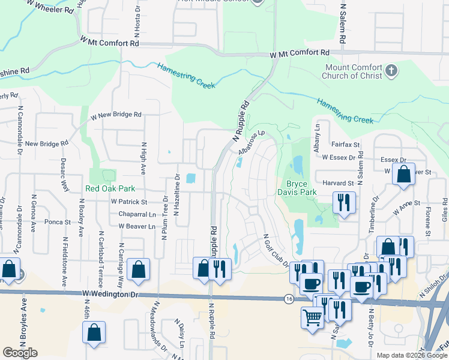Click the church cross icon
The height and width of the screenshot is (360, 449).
point(391,71)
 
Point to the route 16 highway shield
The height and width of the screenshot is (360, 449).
point(289,298)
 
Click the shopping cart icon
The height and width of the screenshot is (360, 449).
point(313,317)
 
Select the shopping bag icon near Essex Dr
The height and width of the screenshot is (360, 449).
point(404,175)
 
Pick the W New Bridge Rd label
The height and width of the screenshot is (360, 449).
point(115,115)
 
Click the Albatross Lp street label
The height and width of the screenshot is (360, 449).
point(251,143)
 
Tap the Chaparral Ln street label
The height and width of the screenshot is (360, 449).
point(133,214)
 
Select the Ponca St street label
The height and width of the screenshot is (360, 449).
point(58,222)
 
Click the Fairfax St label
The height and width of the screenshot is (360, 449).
point(345,145)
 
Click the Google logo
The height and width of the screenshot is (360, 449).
point(20,353)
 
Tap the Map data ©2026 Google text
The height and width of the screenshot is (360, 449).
point(411,355)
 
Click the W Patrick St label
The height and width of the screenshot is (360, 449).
point(128,202)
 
